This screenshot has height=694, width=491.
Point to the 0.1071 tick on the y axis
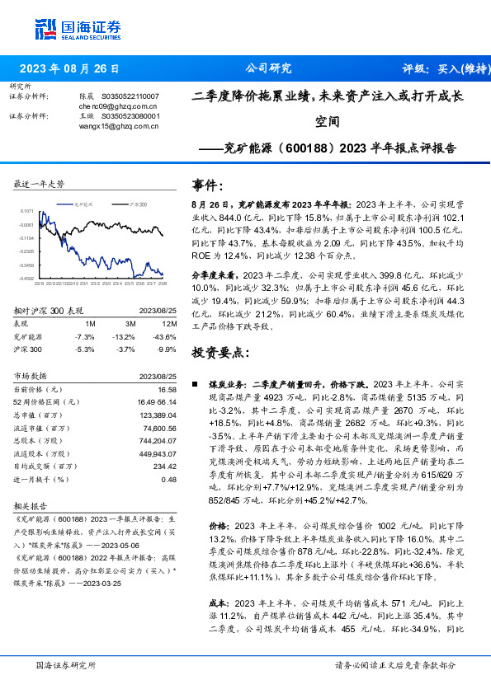(x=27, y=211)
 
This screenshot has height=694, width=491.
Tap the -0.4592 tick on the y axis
(x=27, y=279)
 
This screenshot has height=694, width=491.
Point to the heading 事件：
(x=207, y=184)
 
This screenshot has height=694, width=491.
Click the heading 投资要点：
(x=219, y=352)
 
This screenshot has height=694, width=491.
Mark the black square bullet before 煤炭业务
(x=194, y=385)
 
